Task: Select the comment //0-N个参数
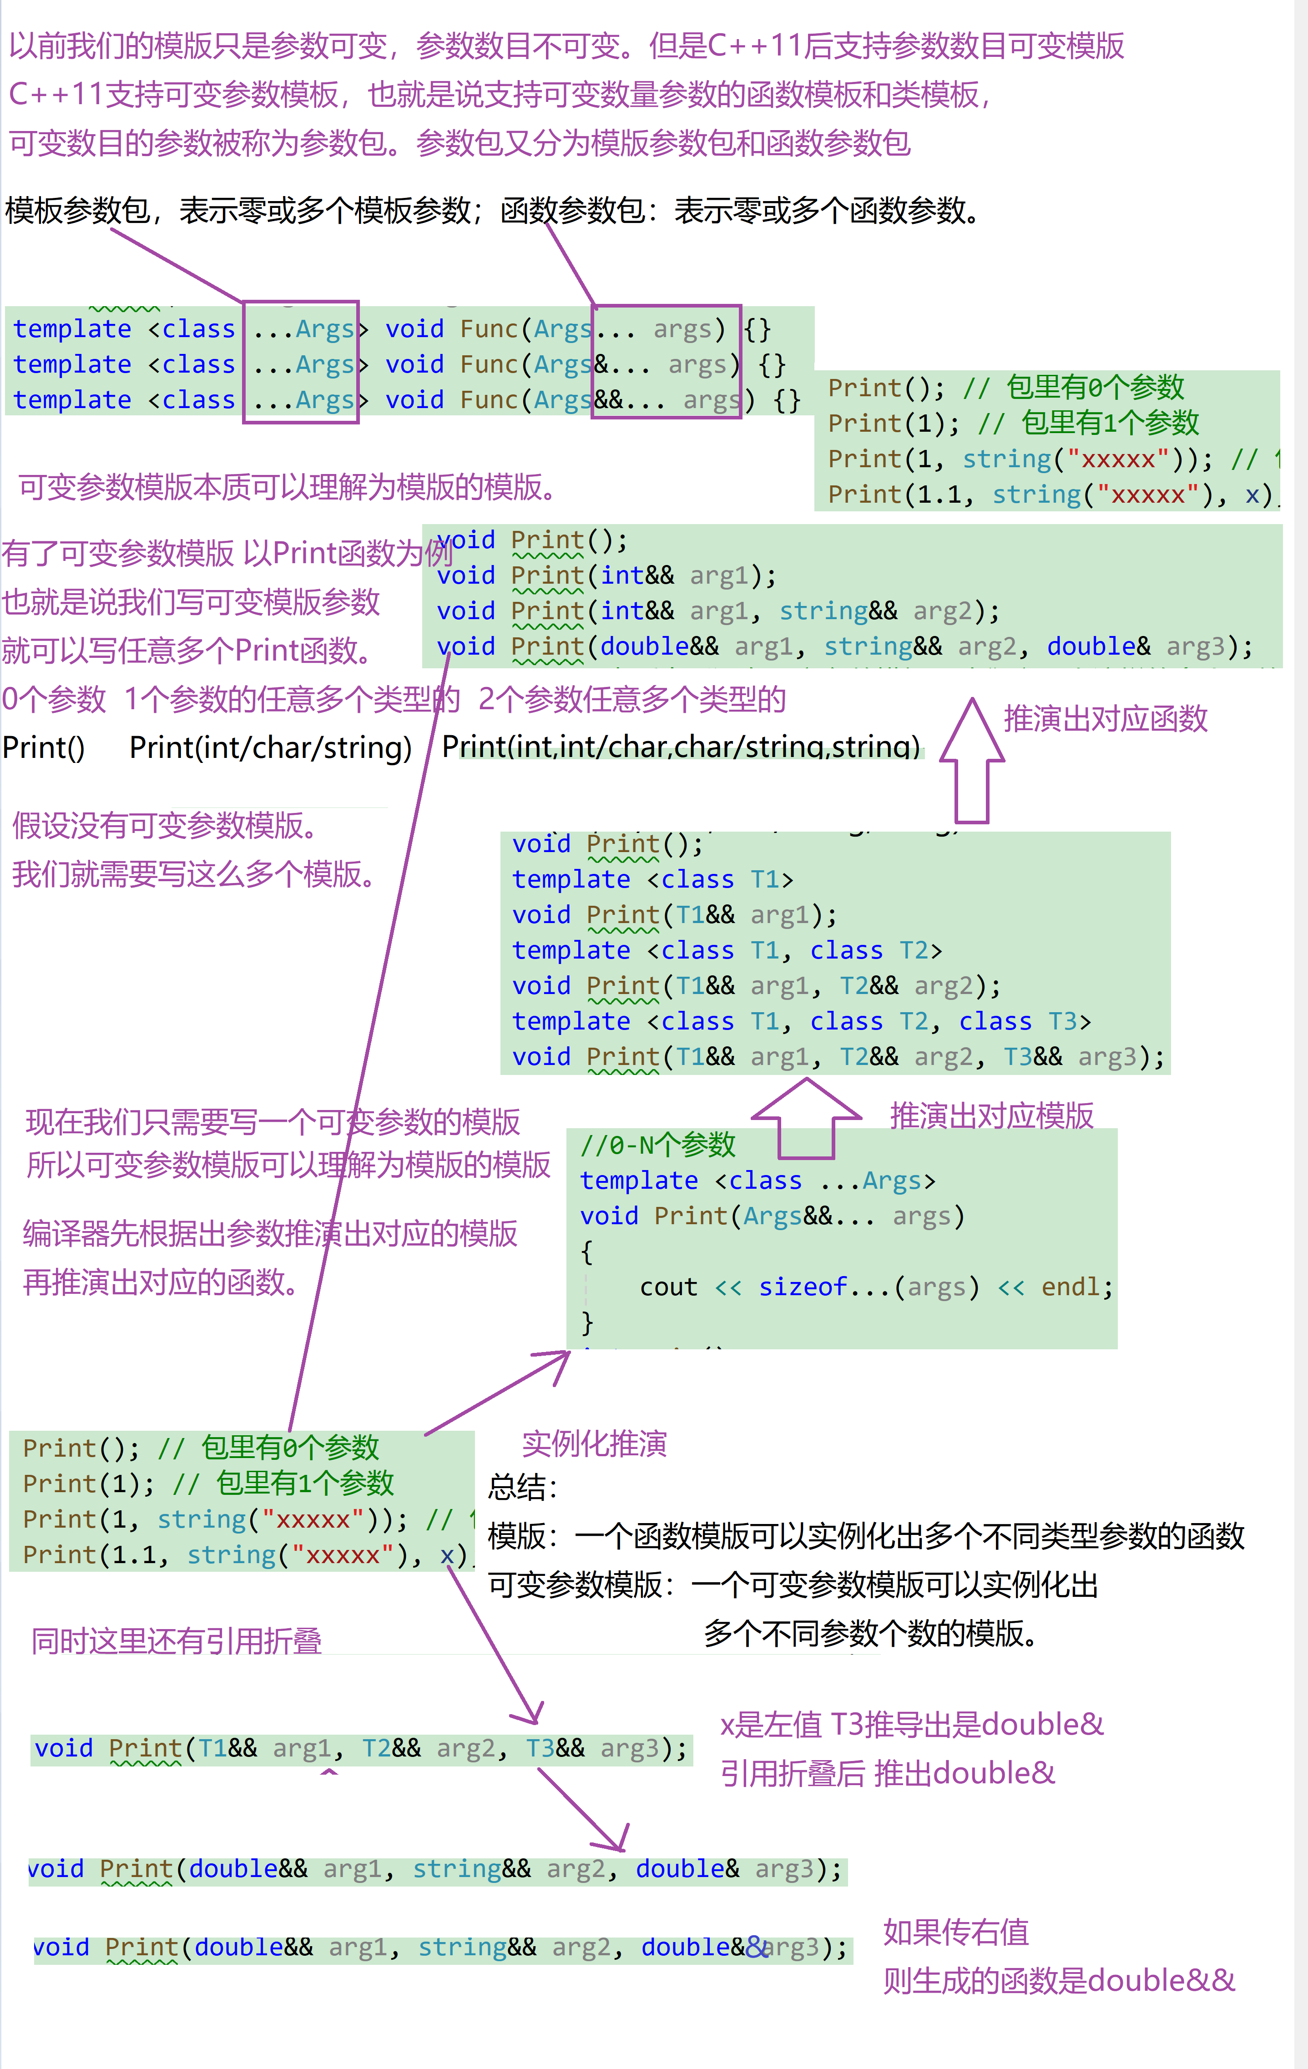click(657, 1146)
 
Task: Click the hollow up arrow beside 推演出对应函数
click(972, 761)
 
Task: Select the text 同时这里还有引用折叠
click(176, 1641)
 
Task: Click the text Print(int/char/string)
click(271, 747)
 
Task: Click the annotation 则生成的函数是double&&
click(1059, 1980)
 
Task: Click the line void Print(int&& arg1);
click(606, 575)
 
